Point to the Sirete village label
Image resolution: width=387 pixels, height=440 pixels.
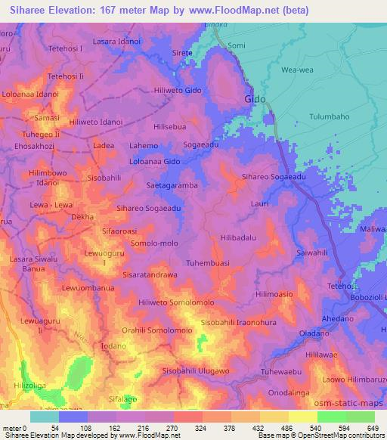click(x=182, y=54)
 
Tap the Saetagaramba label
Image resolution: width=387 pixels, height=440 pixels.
click(x=172, y=184)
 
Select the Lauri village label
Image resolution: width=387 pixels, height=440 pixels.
click(x=261, y=203)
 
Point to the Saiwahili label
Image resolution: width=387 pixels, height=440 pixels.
click(x=312, y=252)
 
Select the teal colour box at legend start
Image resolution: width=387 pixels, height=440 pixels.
click(x=43, y=417)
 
